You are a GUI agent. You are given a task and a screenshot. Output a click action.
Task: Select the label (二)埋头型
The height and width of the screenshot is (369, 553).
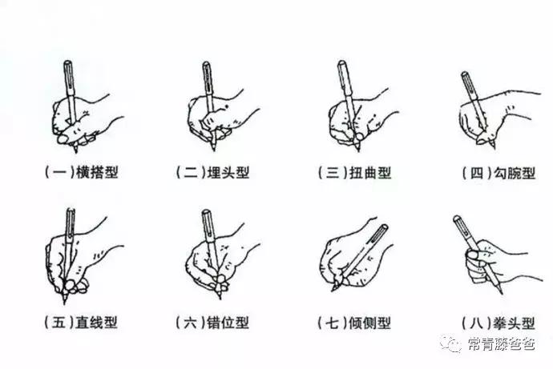[212, 172]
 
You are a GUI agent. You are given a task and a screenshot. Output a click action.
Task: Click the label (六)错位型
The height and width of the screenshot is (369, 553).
[212, 323]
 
